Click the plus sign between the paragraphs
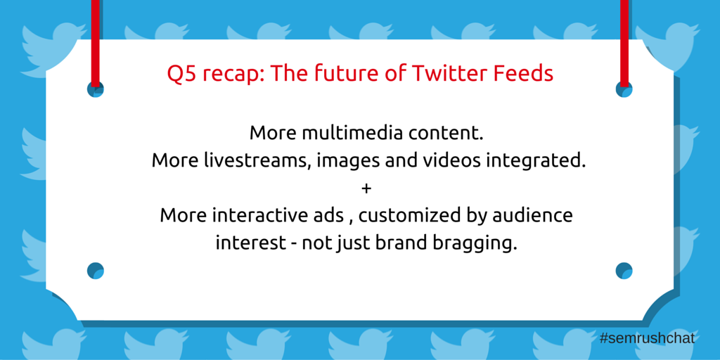pos(366,188)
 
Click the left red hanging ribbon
pos(96,43)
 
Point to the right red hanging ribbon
pos(624,43)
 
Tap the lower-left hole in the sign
pos(96,271)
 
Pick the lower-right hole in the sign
pos(624,271)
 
